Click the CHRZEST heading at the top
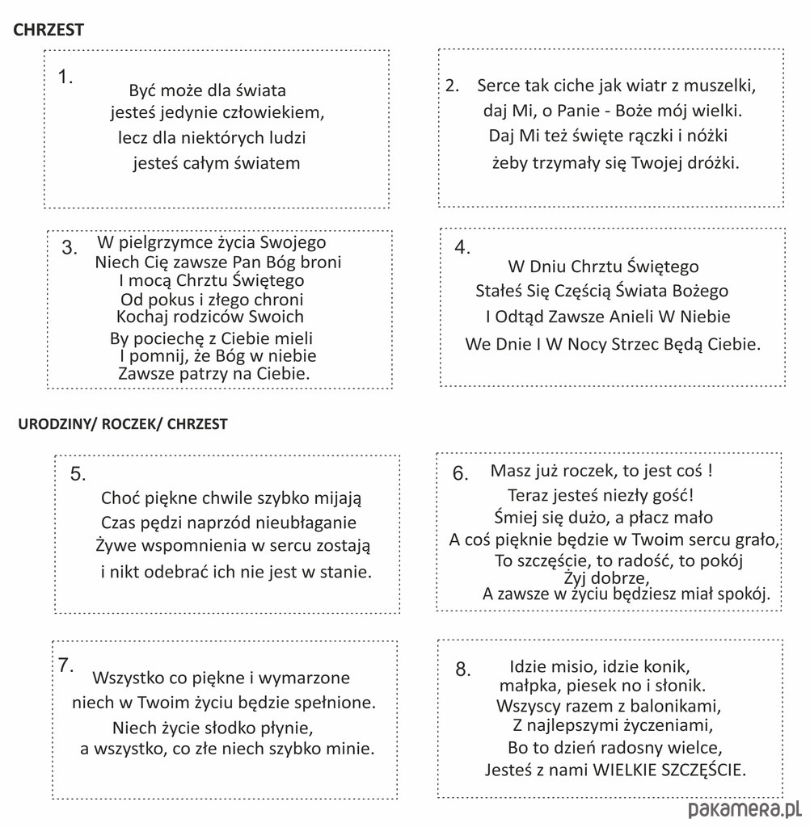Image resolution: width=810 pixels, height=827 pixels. (x=49, y=30)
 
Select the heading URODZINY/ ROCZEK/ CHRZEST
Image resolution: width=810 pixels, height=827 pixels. (x=123, y=424)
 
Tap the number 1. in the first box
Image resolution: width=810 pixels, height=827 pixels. (x=65, y=78)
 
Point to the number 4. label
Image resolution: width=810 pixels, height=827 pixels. (x=462, y=248)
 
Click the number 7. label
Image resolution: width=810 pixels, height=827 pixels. (x=66, y=665)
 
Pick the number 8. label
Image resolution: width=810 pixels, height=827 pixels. (x=462, y=669)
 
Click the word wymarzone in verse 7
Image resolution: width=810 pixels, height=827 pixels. (x=305, y=678)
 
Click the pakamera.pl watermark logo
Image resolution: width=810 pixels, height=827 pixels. (x=743, y=809)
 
